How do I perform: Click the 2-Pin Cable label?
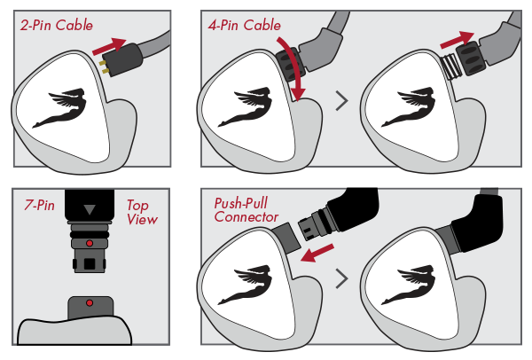(57, 25)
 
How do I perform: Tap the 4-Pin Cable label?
(245, 25)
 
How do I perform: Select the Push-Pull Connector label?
(246, 210)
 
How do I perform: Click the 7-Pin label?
(39, 205)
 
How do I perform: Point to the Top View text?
(142, 212)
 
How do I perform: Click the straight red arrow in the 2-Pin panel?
(109, 47)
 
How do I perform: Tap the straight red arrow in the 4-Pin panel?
(457, 40)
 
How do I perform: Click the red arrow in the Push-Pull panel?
(317, 253)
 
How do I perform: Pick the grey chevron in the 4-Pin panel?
(342, 101)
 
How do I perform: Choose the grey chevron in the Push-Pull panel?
(342, 278)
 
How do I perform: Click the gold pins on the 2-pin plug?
(104, 67)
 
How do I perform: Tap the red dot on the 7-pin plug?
(90, 243)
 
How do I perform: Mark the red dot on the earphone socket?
(90, 302)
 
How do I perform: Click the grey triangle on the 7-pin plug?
(90, 209)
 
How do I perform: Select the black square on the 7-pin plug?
(90, 263)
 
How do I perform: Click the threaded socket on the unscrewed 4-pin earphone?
(451, 67)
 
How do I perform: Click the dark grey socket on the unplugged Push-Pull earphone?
(286, 238)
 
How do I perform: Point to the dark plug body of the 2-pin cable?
(124, 59)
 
